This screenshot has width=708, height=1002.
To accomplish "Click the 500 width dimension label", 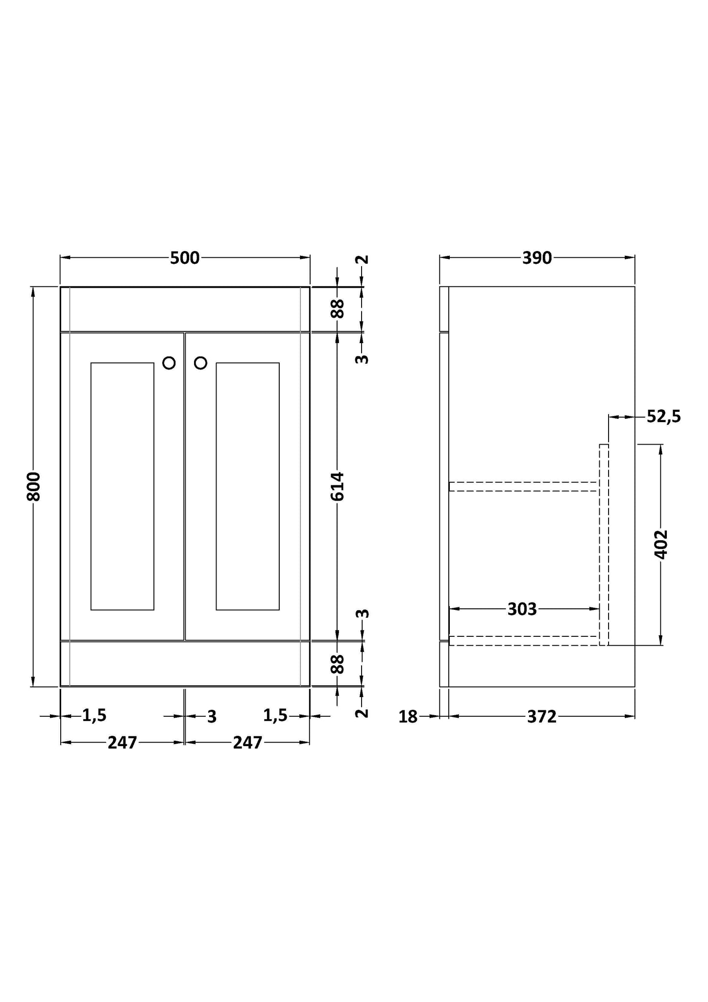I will pyautogui.click(x=185, y=258).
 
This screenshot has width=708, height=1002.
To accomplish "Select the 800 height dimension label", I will pyautogui.click(x=33, y=486).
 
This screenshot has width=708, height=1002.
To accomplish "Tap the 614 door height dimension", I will pyautogui.click(x=338, y=486).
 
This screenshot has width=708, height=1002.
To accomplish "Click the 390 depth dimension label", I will pyautogui.click(x=537, y=258).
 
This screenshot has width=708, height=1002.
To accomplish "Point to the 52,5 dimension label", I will pyautogui.click(x=663, y=417).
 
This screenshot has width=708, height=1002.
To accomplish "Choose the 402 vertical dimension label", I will pyautogui.click(x=661, y=544).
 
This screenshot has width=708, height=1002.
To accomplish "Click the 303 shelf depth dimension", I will pyautogui.click(x=522, y=609).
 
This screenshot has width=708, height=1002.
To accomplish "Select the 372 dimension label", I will pyautogui.click(x=541, y=717).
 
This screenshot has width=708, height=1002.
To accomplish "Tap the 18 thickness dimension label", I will pyautogui.click(x=408, y=717).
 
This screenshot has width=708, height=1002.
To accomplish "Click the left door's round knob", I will pyautogui.click(x=169, y=363).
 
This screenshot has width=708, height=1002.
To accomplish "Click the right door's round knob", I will pyautogui.click(x=200, y=363).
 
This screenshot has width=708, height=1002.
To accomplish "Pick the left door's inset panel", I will pyautogui.click(x=122, y=486).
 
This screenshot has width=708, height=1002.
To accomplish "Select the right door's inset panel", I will pyautogui.click(x=247, y=486).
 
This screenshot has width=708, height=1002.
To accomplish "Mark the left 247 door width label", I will pyautogui.click(x=122, y=743).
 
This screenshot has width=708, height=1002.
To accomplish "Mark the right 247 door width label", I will pyautogui.click(x=247, y=743).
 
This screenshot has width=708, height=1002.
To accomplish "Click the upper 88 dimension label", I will pyautogui.click(x=338, y=309).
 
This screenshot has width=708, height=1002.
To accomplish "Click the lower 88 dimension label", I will pyautogui.click(x=338, y=664).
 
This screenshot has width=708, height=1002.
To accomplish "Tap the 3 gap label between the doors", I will pyautogui.click(x=211, y=717).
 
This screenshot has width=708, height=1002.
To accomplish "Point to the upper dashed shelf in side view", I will pyautogui.click(x=523, y=486).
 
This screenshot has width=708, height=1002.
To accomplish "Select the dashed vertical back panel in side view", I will pyautogui.click(x=604, y=544).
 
